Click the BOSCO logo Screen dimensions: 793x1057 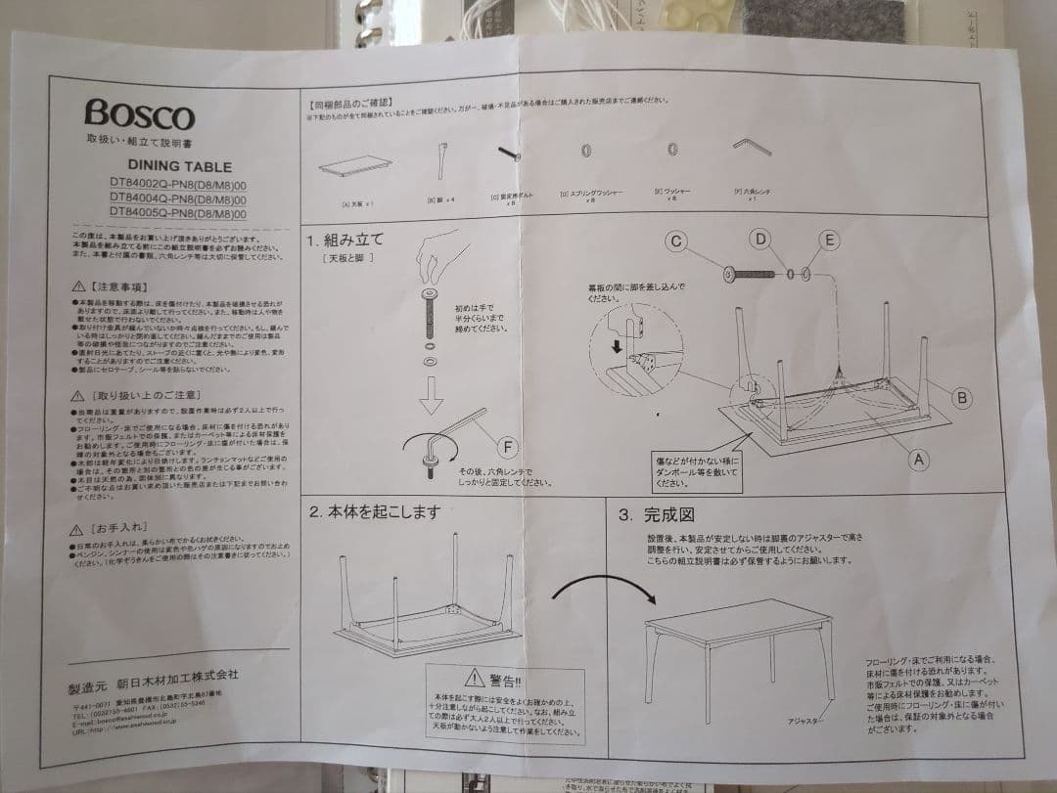click(139, 114)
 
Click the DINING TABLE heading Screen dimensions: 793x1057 click(179, 167)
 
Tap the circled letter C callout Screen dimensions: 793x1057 click(674, 241)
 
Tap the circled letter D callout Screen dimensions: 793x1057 click(760, 238)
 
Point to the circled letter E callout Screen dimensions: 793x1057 click(828, 240)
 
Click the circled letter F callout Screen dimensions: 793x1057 click(507, 448)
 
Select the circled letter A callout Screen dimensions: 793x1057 click(918, 458)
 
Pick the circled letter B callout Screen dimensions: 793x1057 click(962, 397)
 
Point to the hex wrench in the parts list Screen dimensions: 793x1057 click(752, 145)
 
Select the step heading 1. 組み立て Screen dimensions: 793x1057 click(344, 240)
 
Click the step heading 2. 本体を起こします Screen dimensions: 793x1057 click(376, 511)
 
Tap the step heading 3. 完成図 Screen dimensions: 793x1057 click(656, 515)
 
